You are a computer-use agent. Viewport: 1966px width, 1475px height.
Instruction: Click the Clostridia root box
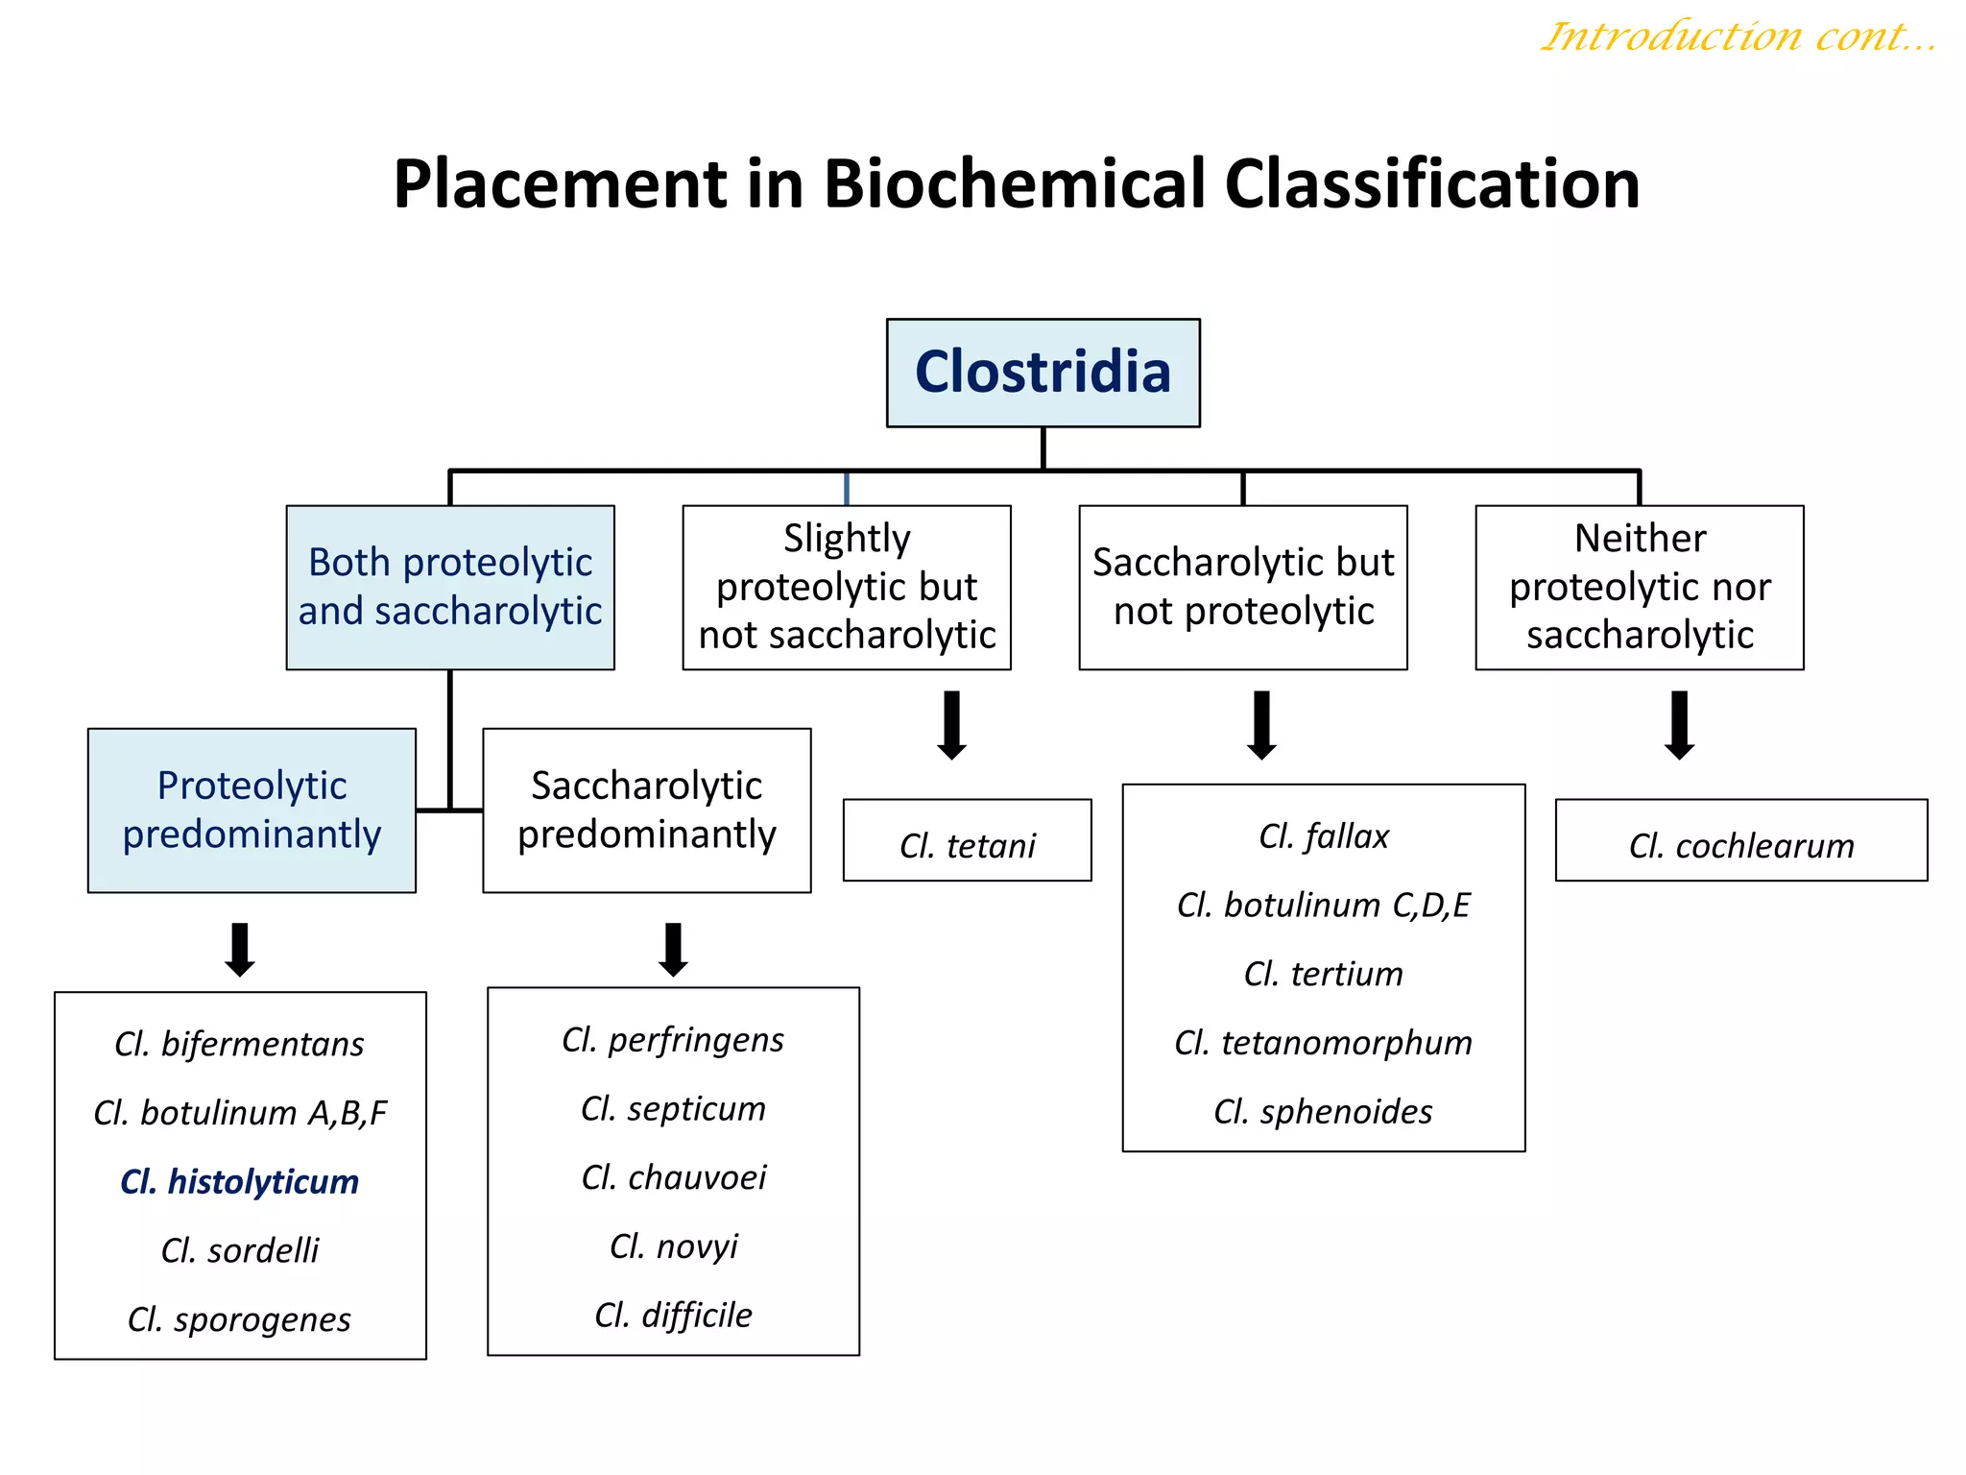pyautogui.click(x=1043, y=373)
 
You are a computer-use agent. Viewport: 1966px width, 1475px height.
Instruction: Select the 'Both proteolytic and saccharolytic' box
pyautogui.click(x=449, y=587)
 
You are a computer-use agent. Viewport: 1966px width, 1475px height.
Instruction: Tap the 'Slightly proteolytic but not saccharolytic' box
pyautogui.click(x=846, y=587)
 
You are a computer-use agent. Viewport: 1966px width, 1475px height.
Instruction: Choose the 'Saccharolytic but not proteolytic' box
pyautogui.click(x=1242, y=587)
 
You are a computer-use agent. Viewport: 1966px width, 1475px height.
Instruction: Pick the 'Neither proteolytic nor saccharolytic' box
pyautogui.click(x=1639, y=587)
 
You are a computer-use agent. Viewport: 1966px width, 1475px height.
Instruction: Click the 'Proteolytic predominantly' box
pyautogui.click(x=252, y=810)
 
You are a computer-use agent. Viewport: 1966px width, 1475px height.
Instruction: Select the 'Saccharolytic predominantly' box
pyautogui.click(x=646, y=810)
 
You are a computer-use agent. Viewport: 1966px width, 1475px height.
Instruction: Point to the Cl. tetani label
pyautogui.click(x=967, y=845)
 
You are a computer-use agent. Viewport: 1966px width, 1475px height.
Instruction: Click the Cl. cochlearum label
pyautogui.click(x=1740, y=845)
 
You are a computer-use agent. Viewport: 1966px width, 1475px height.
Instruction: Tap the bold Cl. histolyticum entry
pyautogui.click(x=239, y=1181)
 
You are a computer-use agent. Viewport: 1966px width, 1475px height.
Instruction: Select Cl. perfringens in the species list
pyautogui.click(x=672, y=1039)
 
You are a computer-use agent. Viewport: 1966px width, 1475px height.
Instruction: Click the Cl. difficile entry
pyautogui.click(x=672, y=1315)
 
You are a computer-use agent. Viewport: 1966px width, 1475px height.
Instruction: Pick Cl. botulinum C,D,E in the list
pyautogui.click(x=1323, y=905)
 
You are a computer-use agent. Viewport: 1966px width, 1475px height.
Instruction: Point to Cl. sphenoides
pyautogui.click(x=1323, y=1111)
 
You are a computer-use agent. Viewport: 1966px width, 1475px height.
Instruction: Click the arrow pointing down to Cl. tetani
pyautogui.click(x=951, y=725)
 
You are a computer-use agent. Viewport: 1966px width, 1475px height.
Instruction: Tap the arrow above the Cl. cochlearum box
pyautogui.click(x=1679, y=725)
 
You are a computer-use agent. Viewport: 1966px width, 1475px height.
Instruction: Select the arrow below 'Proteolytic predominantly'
pyautogui.click(x=239, y=949)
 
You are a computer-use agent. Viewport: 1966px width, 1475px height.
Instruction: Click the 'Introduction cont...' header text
pyautogui.click(x=1738, y=36)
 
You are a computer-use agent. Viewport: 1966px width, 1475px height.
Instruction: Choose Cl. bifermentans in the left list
pyautogui.click(x=239, y=1044)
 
